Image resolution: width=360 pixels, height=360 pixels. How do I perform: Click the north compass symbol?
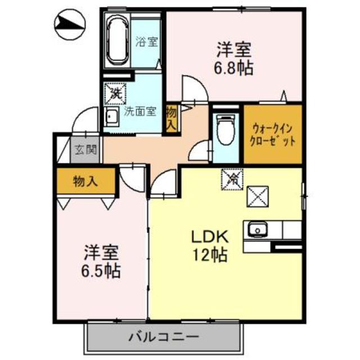(69, 24)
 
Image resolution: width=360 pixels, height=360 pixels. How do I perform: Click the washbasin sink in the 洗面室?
(111, 119)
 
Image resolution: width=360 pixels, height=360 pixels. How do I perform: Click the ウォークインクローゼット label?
(272, 134)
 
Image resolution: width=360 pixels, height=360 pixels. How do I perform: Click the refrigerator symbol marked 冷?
(231, 179)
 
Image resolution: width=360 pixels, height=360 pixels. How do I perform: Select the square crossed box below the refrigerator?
(259, 197)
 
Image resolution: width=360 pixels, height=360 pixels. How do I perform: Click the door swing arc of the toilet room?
(198, 148)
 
